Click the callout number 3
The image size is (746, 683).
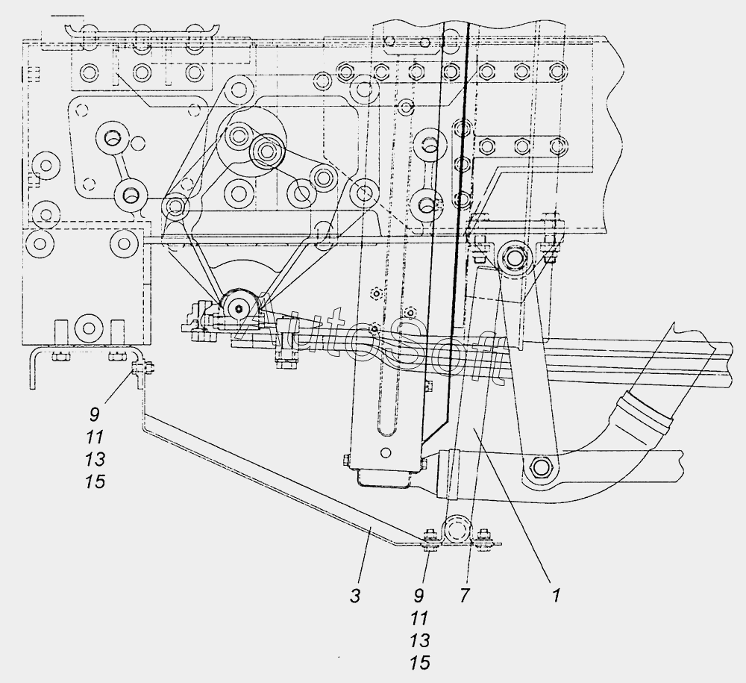coord(355,596)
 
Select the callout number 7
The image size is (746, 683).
coord(465,596)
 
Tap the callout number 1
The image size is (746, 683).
coord(557,596)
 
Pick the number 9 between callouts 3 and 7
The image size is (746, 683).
coord(419,596)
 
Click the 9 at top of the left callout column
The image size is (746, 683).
coord(95,415)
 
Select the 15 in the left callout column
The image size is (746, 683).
coord(95,482)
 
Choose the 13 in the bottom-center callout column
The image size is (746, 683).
coord(419,640)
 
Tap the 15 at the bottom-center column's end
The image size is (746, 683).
coord(419,663)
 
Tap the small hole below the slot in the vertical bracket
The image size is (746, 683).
coord(386,452)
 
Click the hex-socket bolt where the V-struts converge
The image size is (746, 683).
coord(239,308)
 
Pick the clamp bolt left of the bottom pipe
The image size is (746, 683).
coord(430,539)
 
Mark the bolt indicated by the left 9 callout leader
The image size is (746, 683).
coord(141,369)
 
